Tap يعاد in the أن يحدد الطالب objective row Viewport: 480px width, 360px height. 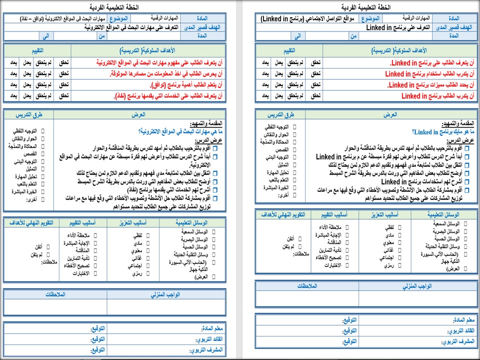[266, 85]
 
